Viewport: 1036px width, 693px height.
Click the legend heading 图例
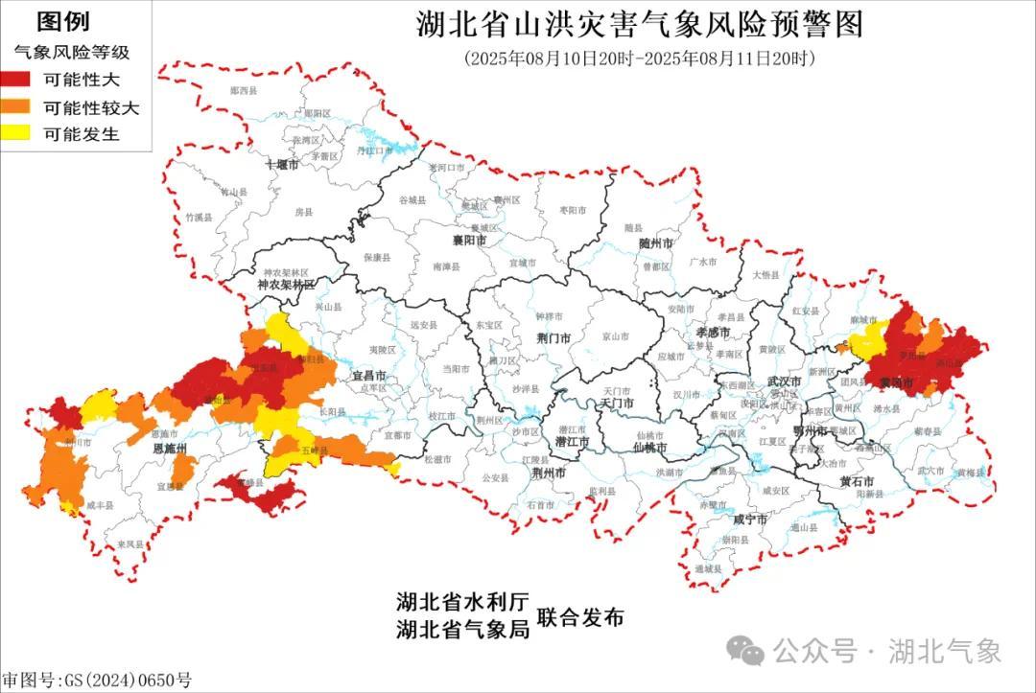[x=62, y=21]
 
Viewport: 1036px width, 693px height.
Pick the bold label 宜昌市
[x=369, y=377]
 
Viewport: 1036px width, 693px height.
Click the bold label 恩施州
[x=169, y=449]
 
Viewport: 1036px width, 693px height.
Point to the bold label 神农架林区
[x=285, y=286]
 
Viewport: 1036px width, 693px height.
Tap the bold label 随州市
[x=657, y=244]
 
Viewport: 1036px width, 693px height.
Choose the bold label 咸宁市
[x=748, y=520]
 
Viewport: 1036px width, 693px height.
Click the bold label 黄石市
[x=857, y=480]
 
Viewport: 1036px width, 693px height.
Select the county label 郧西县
[x=245, y=90]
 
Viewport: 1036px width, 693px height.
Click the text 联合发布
[x=580, y=618]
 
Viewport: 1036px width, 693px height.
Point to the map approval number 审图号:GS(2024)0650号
[x=97, y=681]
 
